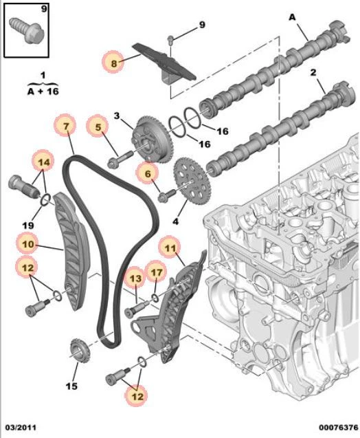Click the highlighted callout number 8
(113, 63)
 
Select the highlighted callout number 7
(65, 126)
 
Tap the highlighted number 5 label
(98, 127)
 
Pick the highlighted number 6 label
(147, 174)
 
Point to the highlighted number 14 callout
(44, 162)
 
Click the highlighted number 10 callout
(27, 244)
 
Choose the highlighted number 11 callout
(170, 248)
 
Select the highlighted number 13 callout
(135, 278)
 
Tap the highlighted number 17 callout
(156, 272)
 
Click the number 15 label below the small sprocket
(71, 386)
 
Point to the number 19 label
(28, 225)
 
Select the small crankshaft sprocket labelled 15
(80, 351)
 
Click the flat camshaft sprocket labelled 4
(190, 180)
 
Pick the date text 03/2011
(21, 428)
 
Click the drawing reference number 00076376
(339, 428)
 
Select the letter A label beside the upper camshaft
(291, 17)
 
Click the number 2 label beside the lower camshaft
(313, 72)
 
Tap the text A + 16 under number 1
(43, 91)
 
